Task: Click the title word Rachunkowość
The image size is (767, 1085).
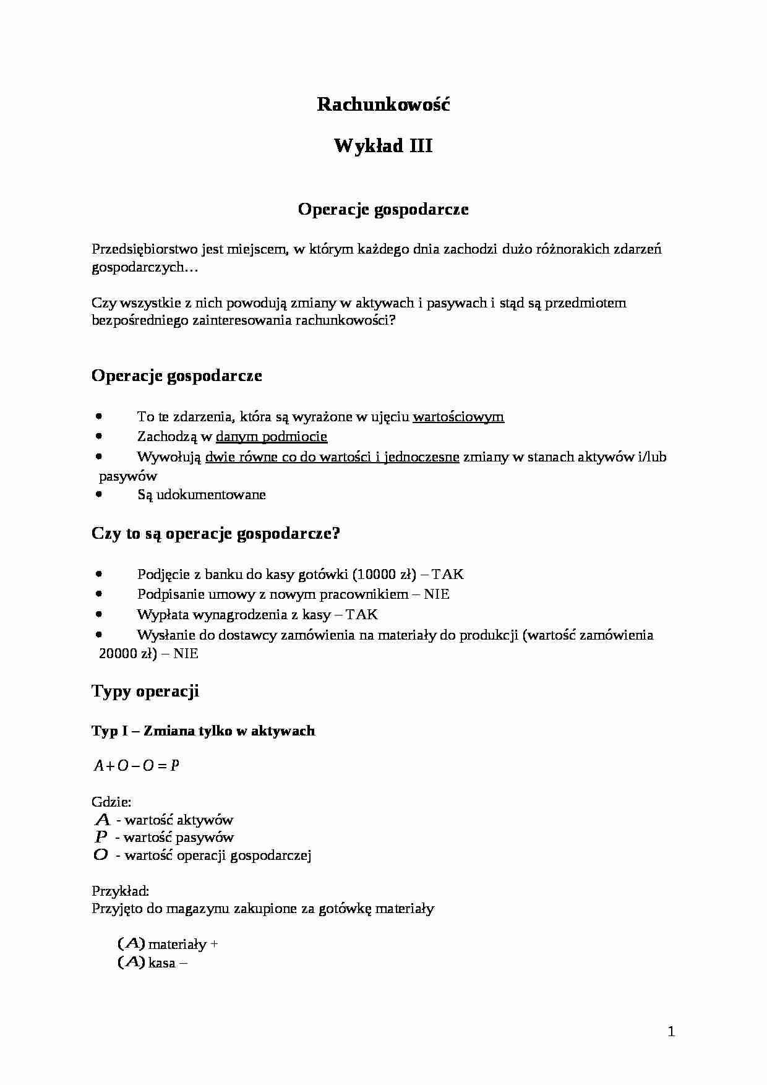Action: click(x=383, y=105)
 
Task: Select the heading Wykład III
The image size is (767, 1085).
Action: click(x=383, y=146)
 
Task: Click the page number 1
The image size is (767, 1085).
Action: click(x=672, y=1031)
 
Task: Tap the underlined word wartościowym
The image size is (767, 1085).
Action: click(x=458, y=417)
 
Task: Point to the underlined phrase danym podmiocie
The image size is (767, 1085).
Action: click(x=271, y=437)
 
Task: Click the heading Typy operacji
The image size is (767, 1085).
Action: click(x=145, y=691)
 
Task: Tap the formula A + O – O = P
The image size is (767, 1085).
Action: click(x=136, y=766)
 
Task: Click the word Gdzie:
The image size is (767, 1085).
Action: click(x=111, y=802)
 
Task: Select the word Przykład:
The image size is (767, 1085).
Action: click(x=120, y=891)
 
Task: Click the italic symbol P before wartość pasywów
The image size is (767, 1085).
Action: click(x=101, y=838)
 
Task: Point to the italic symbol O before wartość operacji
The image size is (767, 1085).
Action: click(x=101, y=856)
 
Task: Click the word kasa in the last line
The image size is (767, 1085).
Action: click(x=162, y=963)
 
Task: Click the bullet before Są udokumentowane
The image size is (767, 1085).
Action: click(x=99, y=494)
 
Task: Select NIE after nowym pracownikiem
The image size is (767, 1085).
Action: click(x=437, y=594)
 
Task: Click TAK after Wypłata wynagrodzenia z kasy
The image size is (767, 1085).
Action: click(x=361, y=615)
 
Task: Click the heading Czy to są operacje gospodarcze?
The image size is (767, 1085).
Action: click(x=216, y=534)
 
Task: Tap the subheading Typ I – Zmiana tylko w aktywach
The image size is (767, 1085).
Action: click(x=204, y=731)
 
